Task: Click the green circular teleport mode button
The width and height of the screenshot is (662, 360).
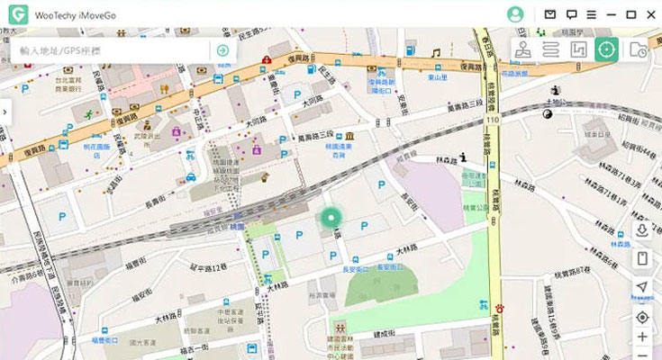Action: (606, 49)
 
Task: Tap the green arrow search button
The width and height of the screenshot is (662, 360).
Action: (222, 50)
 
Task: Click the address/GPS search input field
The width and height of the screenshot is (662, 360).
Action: (113, 50)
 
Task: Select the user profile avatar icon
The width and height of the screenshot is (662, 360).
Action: (515, 14)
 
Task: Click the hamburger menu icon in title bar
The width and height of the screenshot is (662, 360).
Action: (591, 14)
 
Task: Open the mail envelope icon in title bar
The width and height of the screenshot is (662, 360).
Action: (550, 14)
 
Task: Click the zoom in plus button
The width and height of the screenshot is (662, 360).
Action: (642, 337)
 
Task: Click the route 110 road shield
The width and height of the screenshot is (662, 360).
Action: (493, 119)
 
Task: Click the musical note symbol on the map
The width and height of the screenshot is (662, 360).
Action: (435, 53)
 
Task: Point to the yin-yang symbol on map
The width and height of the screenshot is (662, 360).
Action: (547, 113)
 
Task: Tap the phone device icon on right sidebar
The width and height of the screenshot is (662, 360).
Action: (642, 258)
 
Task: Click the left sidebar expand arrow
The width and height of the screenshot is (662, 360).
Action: (5, 111)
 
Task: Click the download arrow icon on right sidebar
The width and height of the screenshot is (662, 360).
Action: (642, 229)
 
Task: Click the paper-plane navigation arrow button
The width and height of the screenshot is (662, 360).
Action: (642, 287)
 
